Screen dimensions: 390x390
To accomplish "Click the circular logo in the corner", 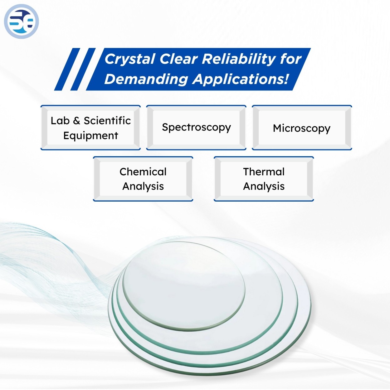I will coord(21,21).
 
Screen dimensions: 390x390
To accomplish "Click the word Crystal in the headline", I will coord(130,59).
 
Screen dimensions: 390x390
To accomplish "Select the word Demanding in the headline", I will coord(146,79).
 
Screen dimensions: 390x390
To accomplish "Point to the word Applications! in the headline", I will coord(241,79).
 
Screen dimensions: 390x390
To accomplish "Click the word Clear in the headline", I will coord(178,59).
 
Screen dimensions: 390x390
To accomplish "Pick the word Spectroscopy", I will coord(196,127).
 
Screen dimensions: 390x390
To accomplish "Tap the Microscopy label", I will coord(301,128).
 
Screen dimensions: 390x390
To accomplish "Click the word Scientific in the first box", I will coord(107,120).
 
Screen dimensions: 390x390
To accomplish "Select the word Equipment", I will coord(90,136).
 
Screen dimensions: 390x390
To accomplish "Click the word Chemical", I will coord(143,172).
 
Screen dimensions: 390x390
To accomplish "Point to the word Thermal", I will coord(264,172).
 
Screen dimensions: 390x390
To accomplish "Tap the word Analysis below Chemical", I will coord(143,186).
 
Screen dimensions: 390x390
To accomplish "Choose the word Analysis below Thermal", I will coord(264,186).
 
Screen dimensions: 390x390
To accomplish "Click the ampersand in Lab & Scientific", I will coord(76,121).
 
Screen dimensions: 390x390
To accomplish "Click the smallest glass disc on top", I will coord(184,284).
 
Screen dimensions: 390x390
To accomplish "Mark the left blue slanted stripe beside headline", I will coord(67,69).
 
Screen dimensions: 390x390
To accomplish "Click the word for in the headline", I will coord(290,59).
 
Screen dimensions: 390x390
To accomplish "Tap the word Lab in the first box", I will coord(60,120).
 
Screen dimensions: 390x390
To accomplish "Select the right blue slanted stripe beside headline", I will coord(83,69).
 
